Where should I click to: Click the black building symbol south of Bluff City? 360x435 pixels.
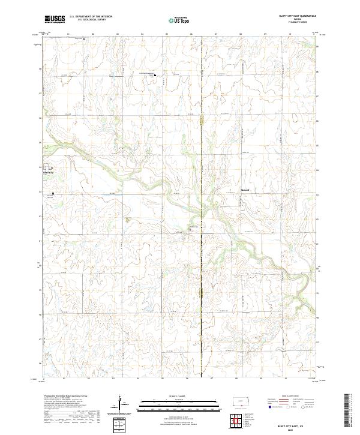point(53,193)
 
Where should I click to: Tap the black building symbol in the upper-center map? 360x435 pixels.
point(152,76)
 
